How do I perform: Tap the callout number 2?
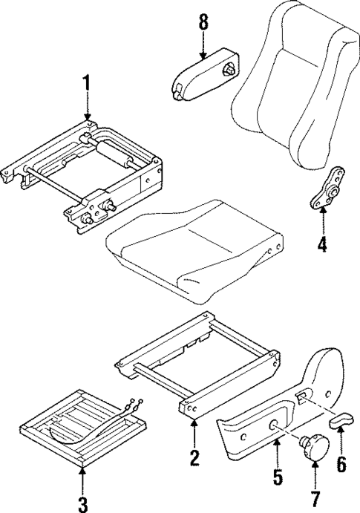point(194,457)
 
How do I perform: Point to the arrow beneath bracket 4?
point(321,216)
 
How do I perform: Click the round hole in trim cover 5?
point(275,426)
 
